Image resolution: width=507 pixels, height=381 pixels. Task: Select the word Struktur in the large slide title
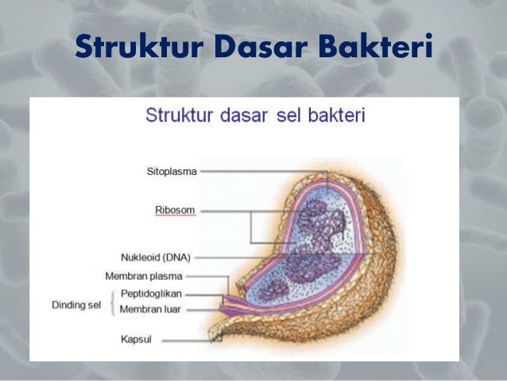[x=134, y=48]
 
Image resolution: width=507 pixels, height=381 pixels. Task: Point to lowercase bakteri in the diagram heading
[x=334, y=116]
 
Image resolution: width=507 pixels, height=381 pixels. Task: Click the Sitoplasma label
[x=172, y=171]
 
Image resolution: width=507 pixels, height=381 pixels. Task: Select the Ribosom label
[x=175, y=210]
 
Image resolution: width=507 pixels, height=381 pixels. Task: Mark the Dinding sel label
[x=76, y=304]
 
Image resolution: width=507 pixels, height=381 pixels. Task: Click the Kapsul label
[x=136, y=340]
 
